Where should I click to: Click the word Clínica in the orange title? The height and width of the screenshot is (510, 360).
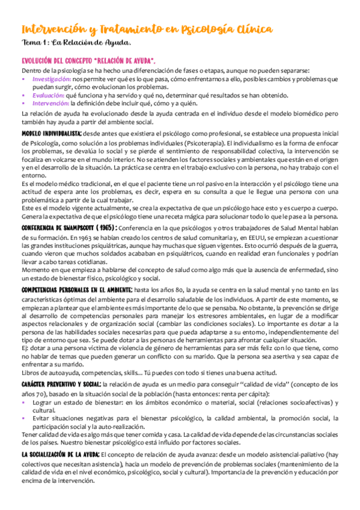[x=248, y=29]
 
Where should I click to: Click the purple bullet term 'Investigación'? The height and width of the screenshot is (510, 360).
[x=52, y=79]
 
